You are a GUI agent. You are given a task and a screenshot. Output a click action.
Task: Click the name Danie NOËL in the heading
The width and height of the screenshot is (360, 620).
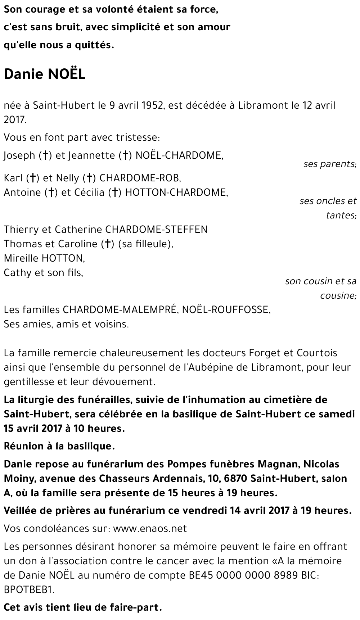(45, 74)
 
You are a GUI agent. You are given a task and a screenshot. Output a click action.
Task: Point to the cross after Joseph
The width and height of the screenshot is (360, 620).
(46, 155)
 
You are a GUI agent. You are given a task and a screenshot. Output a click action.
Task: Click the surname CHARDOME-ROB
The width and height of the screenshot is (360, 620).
(140, 178)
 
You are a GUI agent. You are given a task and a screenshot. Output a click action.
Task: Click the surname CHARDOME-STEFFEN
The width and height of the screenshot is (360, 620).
(156, 229)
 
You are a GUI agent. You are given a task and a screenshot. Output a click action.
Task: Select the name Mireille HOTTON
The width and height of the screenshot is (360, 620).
(44, 258)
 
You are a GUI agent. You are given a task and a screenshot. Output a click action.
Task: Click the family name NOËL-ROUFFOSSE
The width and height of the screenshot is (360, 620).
(226, 309)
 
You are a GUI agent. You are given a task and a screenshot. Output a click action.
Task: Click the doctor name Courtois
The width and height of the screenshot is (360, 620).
(317, 353)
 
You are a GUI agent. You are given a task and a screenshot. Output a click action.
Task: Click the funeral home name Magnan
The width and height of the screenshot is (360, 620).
(277, 464)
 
